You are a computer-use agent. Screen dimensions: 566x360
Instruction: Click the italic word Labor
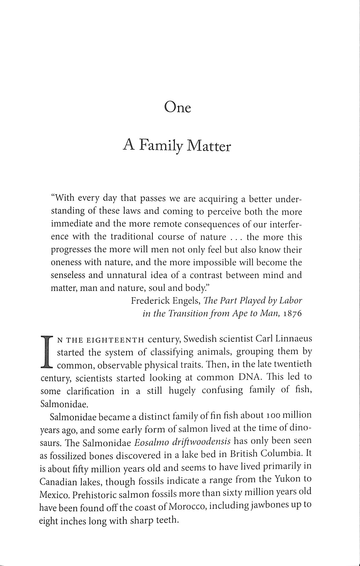pos(291,301)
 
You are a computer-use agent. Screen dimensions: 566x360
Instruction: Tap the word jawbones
pos(270,505)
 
